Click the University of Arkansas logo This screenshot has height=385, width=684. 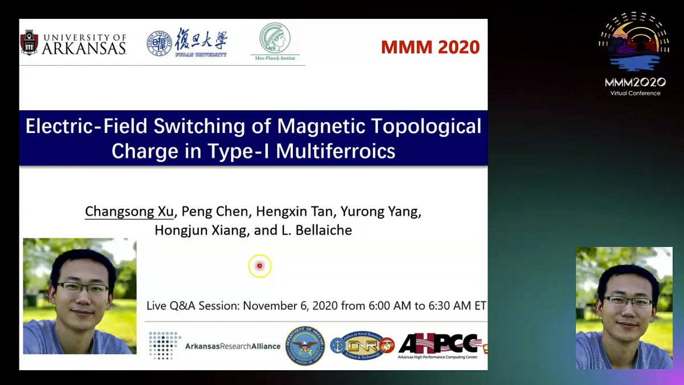pos(73,42)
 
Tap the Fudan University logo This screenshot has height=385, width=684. pos(187,42)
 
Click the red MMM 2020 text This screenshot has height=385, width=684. pos(430,47)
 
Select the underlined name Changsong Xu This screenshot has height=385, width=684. pos(129,212)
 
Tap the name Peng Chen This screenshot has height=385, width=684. pos(215,212)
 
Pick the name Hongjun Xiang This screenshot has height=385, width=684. pos(190,230)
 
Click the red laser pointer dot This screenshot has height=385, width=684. pos(259,266)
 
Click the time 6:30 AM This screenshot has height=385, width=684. pos(450,306)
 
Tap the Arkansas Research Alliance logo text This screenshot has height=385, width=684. pos(233,346)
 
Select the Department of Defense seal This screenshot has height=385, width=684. pos(305,346)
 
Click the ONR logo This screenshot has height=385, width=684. pos(363,345)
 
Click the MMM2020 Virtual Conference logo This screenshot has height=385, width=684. pos(634,54)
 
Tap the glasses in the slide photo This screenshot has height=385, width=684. pos(83,287)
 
